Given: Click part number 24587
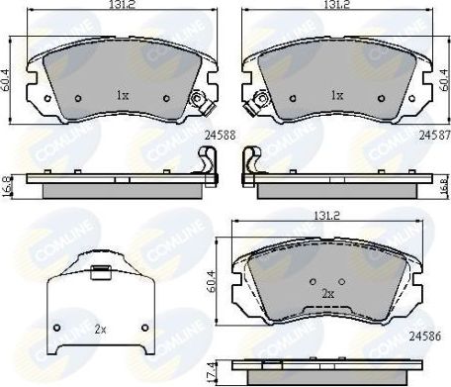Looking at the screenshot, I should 433,134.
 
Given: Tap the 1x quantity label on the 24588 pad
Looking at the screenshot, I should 123,96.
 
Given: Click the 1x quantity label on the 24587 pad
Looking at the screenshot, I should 336,96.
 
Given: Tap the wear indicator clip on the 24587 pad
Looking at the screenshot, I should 261,100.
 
